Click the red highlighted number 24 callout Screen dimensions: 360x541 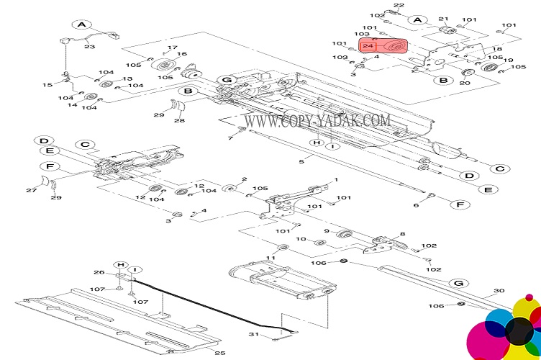368,46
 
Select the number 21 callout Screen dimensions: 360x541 443,19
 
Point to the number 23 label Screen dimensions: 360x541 89,47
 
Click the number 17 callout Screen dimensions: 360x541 171,48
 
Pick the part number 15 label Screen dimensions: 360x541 46,85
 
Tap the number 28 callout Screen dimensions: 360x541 179,120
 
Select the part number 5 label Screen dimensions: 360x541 301,161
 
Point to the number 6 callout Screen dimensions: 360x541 416,206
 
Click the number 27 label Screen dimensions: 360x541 31,190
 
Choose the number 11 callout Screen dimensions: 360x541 271,257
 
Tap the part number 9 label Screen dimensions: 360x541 326,231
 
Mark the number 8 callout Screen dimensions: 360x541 402,234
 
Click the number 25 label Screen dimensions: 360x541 220,353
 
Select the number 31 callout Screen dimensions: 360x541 253,334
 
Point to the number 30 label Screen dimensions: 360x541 499,292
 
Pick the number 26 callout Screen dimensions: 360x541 99,272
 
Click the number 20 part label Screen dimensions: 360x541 464,83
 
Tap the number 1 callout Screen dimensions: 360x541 335,179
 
